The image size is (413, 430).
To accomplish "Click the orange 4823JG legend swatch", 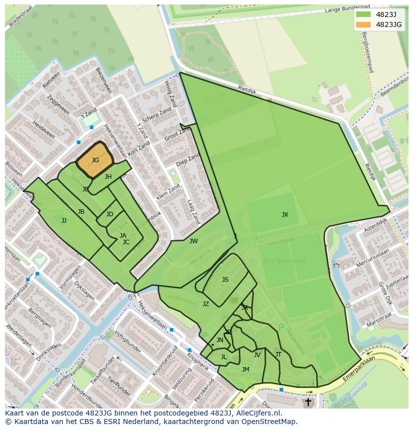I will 364,24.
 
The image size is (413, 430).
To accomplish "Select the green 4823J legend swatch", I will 364,14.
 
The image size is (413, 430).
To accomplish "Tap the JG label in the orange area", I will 95,160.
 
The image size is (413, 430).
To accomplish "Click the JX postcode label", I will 285,215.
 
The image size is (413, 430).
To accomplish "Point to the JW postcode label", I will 194,241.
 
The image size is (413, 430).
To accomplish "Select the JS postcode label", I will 225,280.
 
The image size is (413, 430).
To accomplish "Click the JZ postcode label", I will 206,304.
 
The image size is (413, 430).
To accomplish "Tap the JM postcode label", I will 245,370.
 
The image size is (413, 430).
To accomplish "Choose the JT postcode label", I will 278,355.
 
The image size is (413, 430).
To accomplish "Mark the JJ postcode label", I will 64,220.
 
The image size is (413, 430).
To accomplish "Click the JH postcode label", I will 108,177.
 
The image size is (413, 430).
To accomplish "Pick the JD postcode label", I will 110,214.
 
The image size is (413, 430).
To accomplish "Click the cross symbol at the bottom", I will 308,402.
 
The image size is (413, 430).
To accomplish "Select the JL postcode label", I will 223,357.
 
